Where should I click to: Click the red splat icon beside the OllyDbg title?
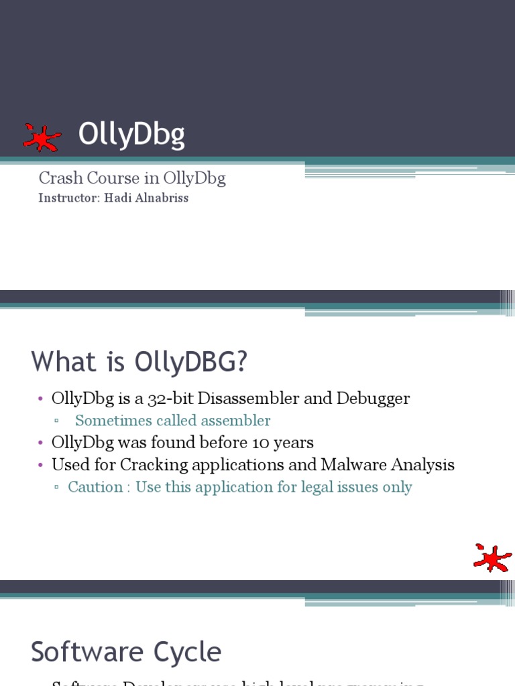click(42, 138)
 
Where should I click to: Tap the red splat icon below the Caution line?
click(492, 557)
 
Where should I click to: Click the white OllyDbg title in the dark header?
click(131, 135)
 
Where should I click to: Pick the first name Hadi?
click(116, 198)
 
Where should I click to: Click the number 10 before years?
click(262, 443)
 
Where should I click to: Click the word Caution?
click(95, 487)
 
